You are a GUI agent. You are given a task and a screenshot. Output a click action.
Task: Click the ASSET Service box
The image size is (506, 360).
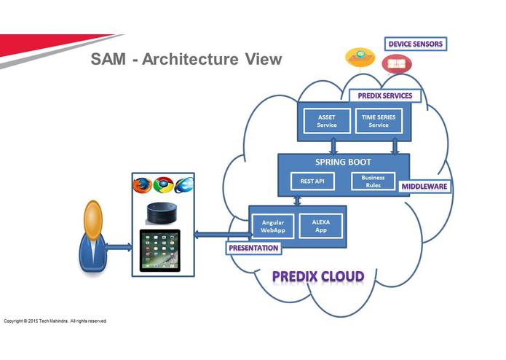click(327, 121)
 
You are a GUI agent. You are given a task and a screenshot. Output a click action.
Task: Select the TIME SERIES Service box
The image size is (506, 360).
click(378, 121)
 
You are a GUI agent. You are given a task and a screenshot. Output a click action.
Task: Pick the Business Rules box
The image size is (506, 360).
click(373, 181)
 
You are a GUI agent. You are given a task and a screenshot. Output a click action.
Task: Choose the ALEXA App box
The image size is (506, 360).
click(321, 225)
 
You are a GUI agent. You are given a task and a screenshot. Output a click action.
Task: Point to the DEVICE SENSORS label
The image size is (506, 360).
click(415, 44)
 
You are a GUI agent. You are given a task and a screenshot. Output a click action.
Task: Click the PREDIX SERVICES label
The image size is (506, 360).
click(384, 95)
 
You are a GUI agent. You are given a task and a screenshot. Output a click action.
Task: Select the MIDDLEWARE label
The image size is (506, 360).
click(424, 187)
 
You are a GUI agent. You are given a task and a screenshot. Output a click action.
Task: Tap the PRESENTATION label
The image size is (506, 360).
click(253, 248)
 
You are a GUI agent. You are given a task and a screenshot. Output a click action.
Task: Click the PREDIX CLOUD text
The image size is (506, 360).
click(318, 277)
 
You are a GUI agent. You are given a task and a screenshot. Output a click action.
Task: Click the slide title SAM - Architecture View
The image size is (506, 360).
click(186, 60)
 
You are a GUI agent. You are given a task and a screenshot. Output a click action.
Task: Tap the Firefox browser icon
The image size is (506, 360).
click(143, 185)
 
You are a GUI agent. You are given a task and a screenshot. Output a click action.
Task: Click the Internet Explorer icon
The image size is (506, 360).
click(183, 185)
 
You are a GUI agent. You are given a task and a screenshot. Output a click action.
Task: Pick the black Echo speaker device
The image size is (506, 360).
click(161, 213)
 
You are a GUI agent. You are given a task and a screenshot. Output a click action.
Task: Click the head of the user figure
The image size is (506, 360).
click(92, 216)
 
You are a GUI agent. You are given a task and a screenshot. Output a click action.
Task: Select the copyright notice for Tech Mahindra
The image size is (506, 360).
click(55, 321)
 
